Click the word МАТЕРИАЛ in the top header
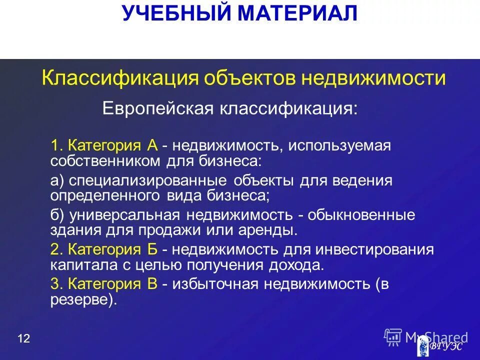(298, 13)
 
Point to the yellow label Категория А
(113, 145)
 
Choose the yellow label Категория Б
(113, 249)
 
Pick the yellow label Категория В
(113, 284)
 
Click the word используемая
(338, 146)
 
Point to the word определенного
(105, 195)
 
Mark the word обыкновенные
(361, 215)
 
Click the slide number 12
(23, 339)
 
